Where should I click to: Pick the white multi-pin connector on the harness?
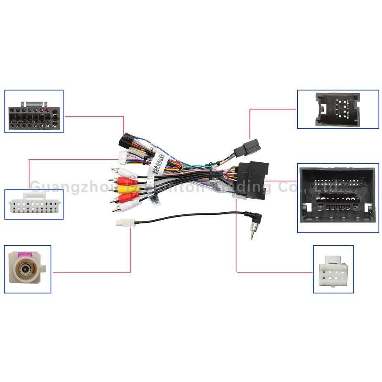[x=123, y=157]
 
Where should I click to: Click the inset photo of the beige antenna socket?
[x=28, y=269]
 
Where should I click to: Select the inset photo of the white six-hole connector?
[x=333, y=269]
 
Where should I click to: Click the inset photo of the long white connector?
[x=33, y=204]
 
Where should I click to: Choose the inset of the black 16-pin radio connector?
[x=34, y=112]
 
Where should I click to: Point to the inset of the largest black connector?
[x=338, y=197]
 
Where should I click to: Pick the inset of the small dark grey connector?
[x=338, y=109]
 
